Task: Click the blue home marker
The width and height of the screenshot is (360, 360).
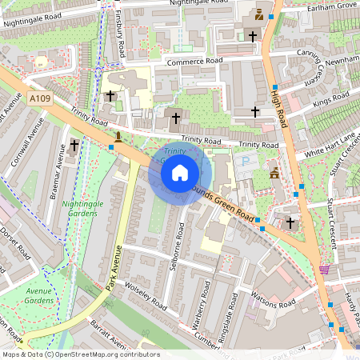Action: click(180, 172)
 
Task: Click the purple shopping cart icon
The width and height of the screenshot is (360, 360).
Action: click(324, 270)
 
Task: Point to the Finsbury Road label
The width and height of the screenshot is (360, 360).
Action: click(118, 32)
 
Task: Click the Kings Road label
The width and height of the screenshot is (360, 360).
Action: click(330, 100)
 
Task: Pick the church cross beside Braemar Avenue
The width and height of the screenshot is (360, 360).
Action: click(74, 145)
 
